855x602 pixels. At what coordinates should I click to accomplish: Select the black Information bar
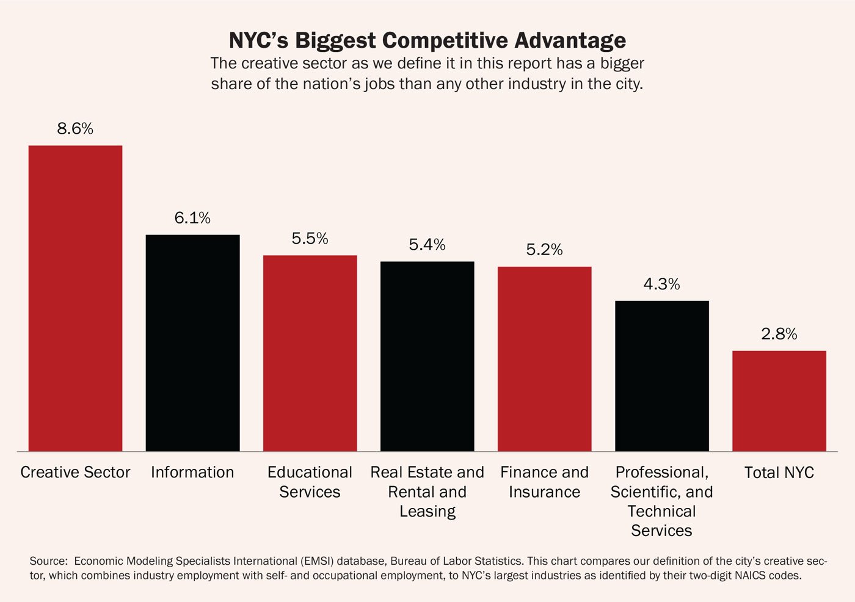pyautogui.click(x=192, y=343)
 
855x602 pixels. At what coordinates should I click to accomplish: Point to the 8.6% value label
pyautogui.click(x=75, y=129)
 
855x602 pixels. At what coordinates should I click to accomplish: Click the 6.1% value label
pyautogui.click(x=192, y=218)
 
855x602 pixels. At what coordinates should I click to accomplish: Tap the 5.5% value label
pyautogui.click(x=310, y=239)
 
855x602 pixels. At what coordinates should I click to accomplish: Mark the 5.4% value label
pyautogui.click(x=427, y=245)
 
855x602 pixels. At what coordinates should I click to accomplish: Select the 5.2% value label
pyautogui.click(x=544, y=250)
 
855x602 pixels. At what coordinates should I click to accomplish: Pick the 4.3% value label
pyautogui.click(x=661, y=284)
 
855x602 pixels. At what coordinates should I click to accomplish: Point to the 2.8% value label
pyautogui.click(x=779, y=334)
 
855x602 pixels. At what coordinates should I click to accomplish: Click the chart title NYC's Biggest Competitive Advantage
pyautogui.click(x=427, y=40)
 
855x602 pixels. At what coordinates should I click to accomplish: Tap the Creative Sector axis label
pyautogui.click(x=75, y=473)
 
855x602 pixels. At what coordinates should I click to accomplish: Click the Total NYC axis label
pyautogui.click(x=779, y=473)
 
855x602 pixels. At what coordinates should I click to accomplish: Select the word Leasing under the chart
pyautogui.click(x=427, y=512)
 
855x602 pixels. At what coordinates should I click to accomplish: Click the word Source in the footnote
pyautogui.click(x=48, y=561)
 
